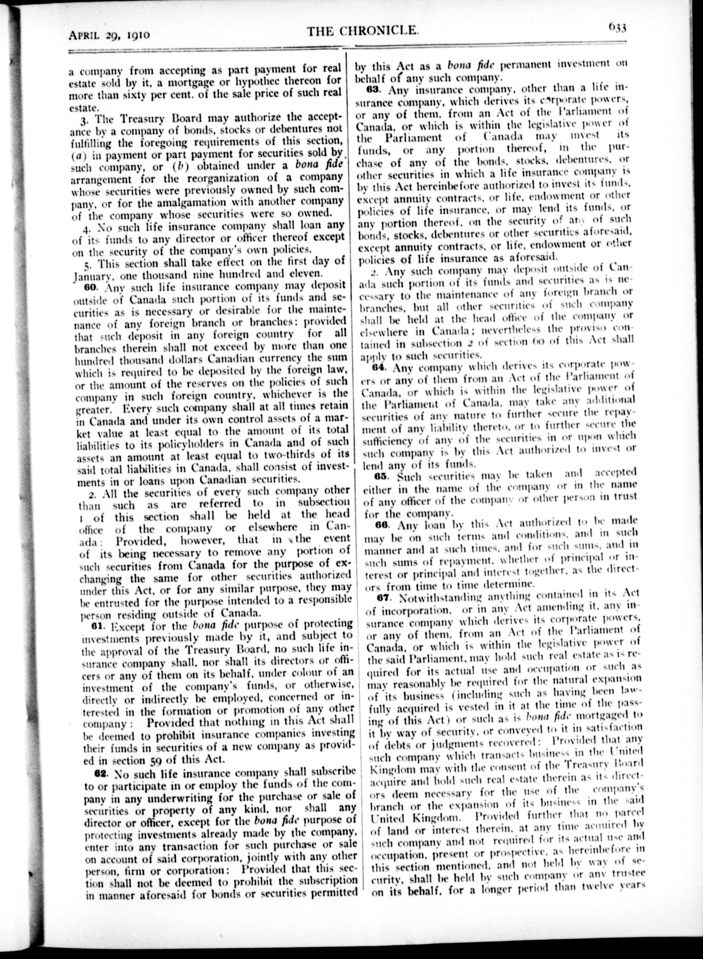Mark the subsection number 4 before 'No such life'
click(x=85, y=227)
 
